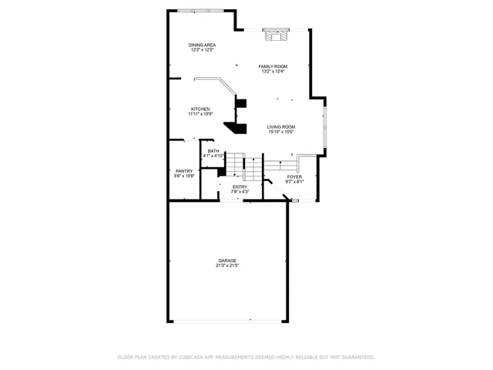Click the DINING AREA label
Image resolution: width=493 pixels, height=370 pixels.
tap(202, 45)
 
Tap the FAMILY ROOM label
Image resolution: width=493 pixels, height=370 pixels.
tap(272, 66)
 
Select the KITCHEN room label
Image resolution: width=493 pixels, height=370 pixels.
tap(200, 109)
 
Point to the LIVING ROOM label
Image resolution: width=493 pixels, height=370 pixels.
tap(281, 126)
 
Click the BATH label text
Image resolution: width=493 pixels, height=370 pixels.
tap(213, 151)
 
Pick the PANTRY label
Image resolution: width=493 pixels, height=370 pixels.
tap(184, 171)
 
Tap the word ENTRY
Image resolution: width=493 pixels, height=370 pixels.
tap(240, 187)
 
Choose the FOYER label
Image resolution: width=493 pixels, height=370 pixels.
tap(295, 177)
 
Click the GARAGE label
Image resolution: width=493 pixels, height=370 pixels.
tap(226, 261)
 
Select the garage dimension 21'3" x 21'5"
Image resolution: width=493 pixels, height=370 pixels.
tap(226, 266)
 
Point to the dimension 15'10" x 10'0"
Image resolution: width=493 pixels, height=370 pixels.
tap(281, 132)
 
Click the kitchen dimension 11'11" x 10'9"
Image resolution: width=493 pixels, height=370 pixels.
tap(200, 114)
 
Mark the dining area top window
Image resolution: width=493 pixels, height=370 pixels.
tap(200, 10)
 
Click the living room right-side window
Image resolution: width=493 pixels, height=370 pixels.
tap(324, 128)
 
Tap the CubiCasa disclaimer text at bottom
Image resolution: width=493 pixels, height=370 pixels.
tap(246, 357)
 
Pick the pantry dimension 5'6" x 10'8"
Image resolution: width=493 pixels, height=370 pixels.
tap(184, 177)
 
